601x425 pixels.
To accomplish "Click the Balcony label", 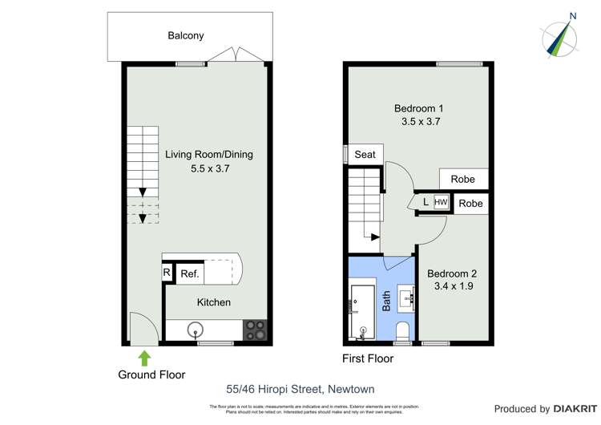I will [186, 35].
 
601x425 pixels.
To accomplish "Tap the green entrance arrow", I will [144, 357].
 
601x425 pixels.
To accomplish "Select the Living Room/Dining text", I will [204, 154].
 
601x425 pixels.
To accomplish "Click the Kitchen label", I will [214, 302].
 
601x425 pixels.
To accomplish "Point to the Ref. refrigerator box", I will [190, 274].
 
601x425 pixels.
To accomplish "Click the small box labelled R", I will [167, 273].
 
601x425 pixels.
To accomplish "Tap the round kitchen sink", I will [196, 330].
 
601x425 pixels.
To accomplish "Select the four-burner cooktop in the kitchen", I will [255, 330].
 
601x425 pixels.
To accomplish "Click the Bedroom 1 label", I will [419, 108].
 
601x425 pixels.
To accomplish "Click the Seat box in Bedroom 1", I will [365, 154].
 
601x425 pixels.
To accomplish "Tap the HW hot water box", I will [441, 203].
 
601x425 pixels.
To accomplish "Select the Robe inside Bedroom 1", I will [463, 180].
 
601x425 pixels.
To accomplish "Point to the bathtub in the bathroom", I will [363, 309].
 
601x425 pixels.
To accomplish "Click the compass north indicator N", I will [572, 15].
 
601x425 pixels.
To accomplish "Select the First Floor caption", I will [368, 358].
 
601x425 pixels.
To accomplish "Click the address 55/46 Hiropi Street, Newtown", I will [300, 390].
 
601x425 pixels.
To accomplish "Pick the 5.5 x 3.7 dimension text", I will [204, 168].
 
